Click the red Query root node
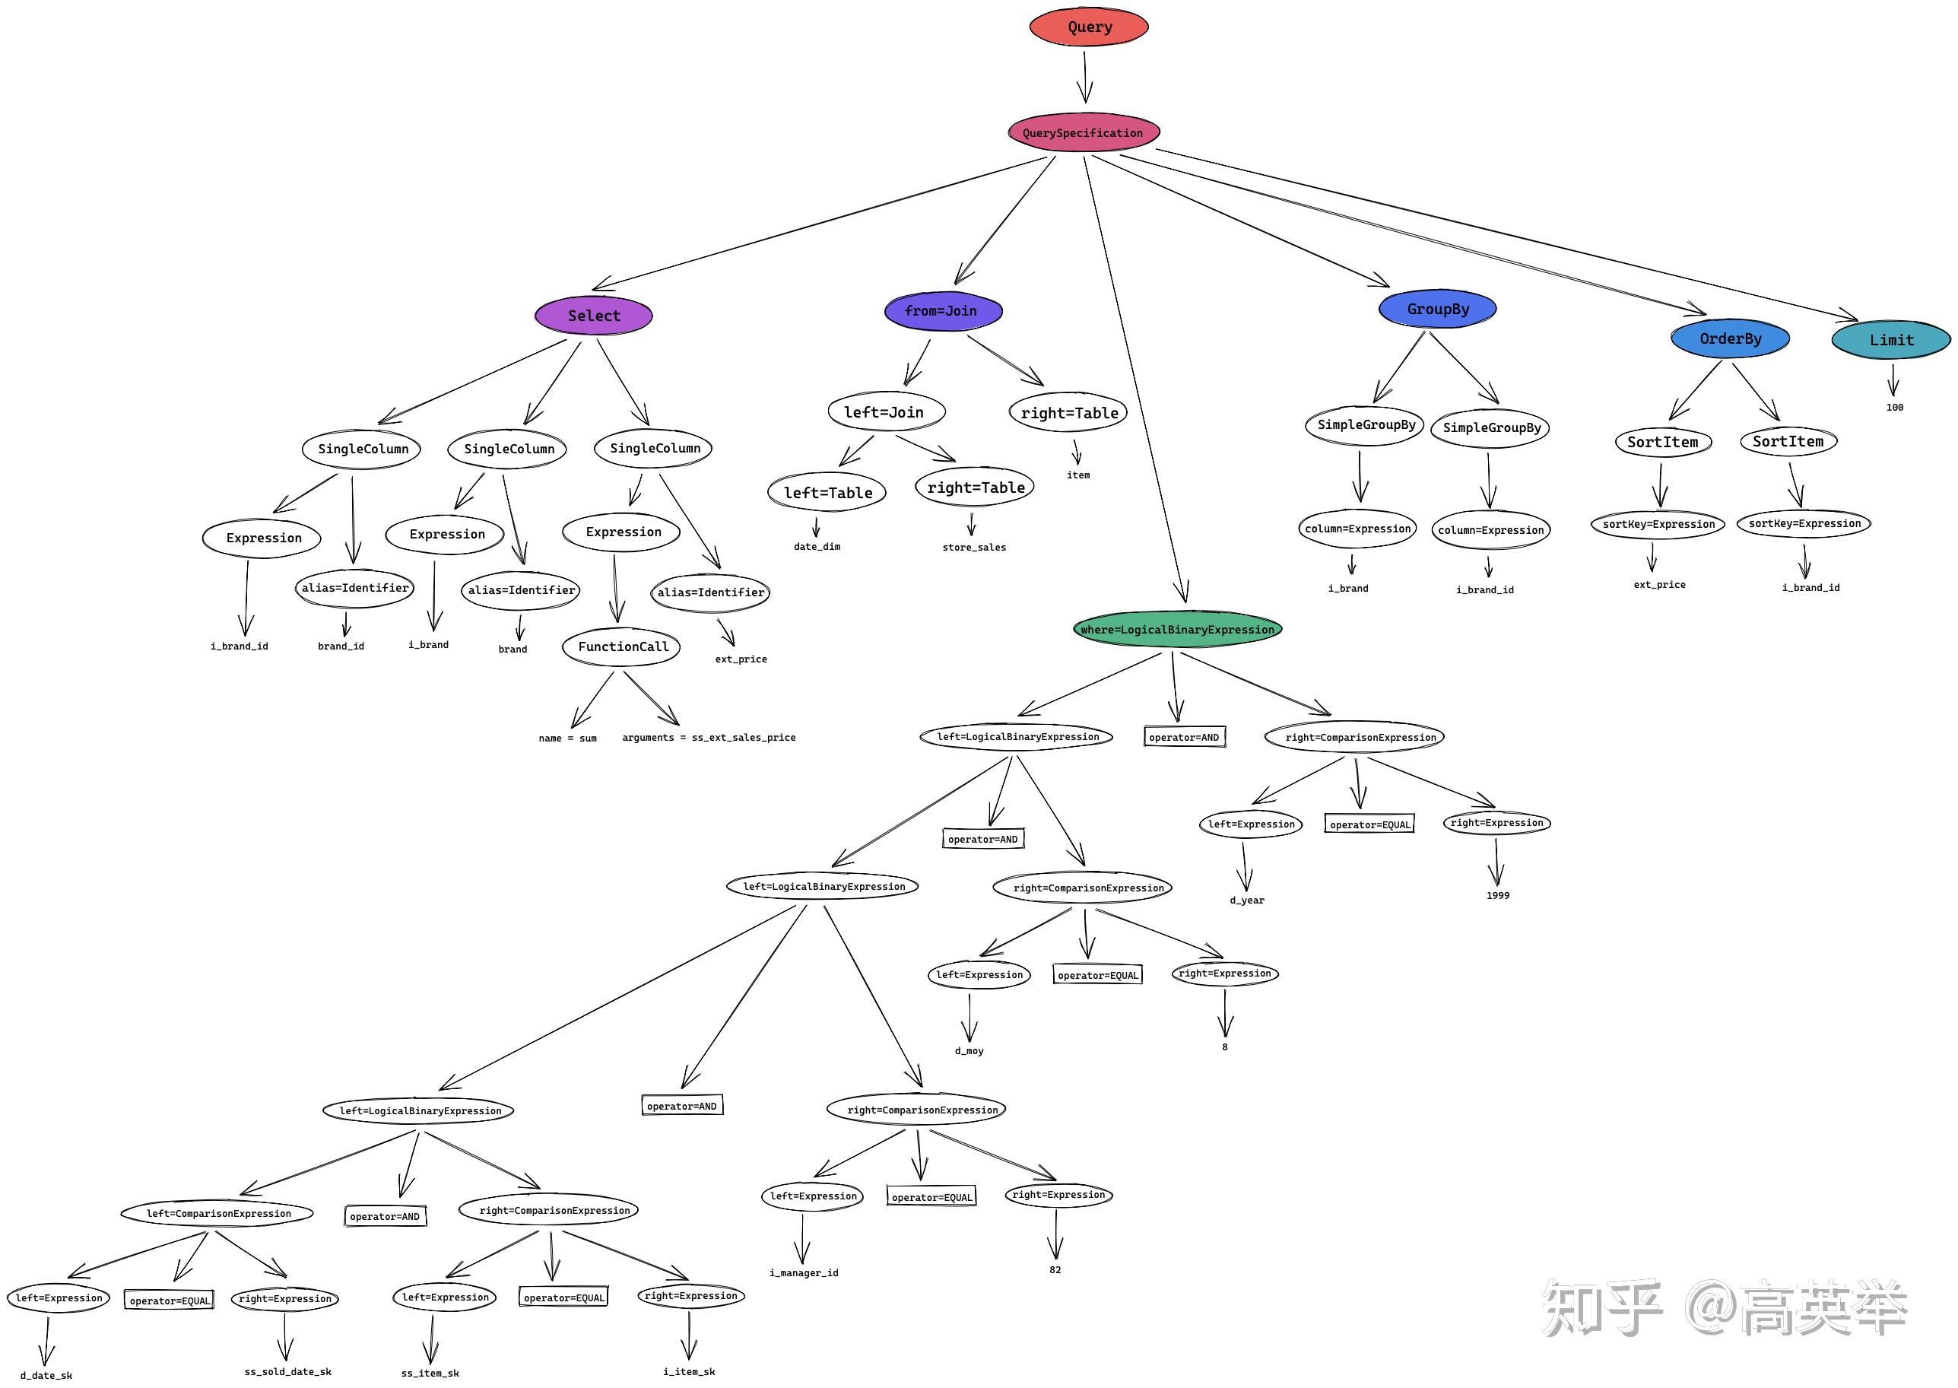coord(1088,27)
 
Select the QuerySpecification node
coord(1084,132)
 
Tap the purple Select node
coord(594,316)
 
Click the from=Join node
coord(942,311)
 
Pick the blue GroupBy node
coord(1438,310)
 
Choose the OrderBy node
coord(1730,338)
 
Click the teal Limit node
coord(1891,340)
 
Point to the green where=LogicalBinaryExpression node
coord(1177,630)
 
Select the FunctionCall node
coord(622,647)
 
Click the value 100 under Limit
coord(1895,408)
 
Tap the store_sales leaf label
coord(974,548)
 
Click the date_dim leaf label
coord(817,547)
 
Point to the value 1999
coord(1497,896)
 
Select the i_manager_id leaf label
coord(804,1272)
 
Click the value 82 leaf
coord(1055,1270)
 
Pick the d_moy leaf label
coord(969,1051)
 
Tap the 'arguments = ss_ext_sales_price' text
coord(708,738)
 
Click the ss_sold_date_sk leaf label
coord(288,1372)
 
